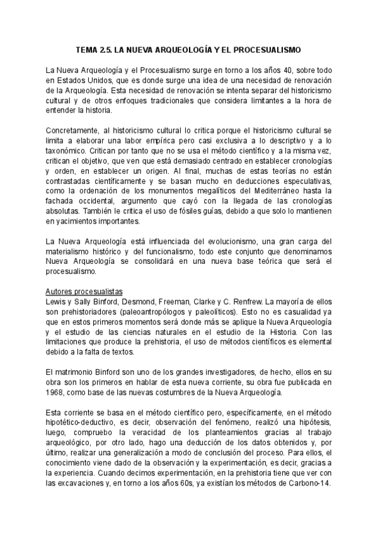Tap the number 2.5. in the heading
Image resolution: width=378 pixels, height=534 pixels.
click(x=106, y=48)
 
